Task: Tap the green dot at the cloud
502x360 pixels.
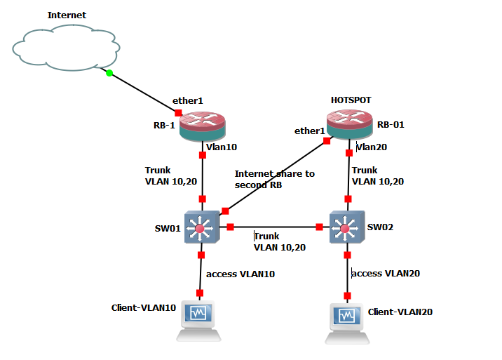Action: click(109, 72)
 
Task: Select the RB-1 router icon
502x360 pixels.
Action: click(203, 126)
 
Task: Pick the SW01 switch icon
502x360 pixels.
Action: click(202, 227)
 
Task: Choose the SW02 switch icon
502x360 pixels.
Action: click(344, 227)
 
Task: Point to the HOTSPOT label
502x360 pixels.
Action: click(350, 100)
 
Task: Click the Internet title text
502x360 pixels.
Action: click(67, 15)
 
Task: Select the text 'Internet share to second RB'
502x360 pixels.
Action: click(274, 178)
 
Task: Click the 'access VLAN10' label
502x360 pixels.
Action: click(240, 273)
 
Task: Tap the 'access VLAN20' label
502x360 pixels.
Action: click(386, 273)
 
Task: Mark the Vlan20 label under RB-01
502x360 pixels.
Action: click(372, 147)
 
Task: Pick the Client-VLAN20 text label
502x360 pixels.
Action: click(400, 312)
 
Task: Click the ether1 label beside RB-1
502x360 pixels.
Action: click(189, 101)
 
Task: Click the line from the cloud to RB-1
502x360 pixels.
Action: click(144, 93)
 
